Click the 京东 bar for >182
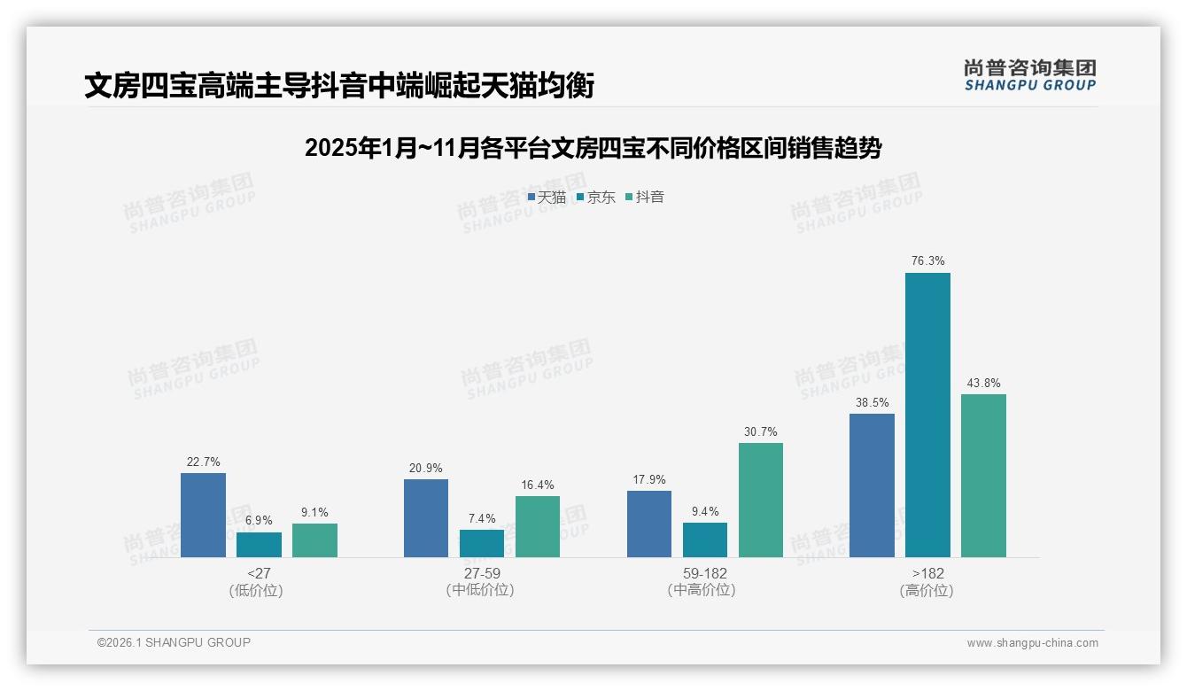(927, 415)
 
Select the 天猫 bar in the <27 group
(203, 515)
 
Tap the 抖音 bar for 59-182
(761, 500)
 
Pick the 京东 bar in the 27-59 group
(482, 543)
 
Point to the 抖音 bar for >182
(983, 476)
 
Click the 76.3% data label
(927, 261)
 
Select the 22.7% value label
(203, 462)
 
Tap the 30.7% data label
(761, 432)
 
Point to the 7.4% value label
(482, 518)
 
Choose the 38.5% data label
(872, 401)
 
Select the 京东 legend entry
(595, 198)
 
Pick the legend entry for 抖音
(645, 198)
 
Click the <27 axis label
(259, 573)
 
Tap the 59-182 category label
(705, 573)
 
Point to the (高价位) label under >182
(927, 591)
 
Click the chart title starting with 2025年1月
(593, 148)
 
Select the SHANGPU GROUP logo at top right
(1029, 75)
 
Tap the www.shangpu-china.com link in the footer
(1032, 643)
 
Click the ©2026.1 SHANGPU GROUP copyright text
(174, 642)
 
